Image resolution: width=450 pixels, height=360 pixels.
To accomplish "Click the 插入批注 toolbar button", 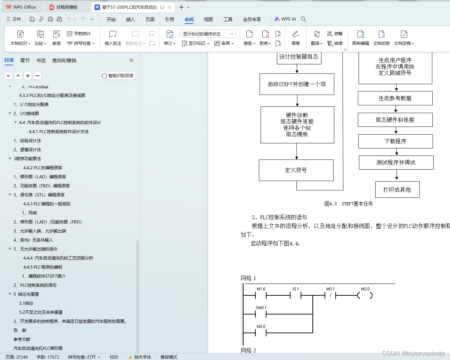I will tap(113, 38).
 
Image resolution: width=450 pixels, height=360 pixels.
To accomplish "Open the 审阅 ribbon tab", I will tap(189, 19).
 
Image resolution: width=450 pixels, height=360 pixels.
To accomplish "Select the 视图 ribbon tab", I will tap(208, 19).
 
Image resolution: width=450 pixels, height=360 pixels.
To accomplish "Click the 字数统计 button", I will tap(79, 34).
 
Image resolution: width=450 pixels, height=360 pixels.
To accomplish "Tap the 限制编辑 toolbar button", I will tap(360, 38).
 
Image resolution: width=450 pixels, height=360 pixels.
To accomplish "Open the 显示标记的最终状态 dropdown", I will tap(208, 34).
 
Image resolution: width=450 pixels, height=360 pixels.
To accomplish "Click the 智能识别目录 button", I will tap(117, 76).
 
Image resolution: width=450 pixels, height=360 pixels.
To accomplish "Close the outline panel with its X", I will tap(131, 60).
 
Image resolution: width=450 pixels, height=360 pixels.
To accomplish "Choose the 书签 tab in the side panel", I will tap(41, 60).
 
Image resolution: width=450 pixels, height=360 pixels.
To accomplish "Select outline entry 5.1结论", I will tap(26, 303).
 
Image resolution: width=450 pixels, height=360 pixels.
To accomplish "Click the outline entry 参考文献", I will tap(22, 339).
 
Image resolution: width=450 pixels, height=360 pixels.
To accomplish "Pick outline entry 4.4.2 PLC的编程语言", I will tap(43, 168).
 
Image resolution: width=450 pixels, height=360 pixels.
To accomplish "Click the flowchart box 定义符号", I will tap(296, 170).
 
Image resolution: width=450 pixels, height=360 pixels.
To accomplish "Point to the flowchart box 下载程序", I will tap(395, 141).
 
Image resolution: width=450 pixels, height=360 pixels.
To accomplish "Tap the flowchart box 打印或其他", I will tap(397, 190).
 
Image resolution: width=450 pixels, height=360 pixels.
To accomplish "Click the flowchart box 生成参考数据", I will tap(395, 98).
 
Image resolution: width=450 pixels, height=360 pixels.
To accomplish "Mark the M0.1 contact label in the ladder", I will tap(330, 289).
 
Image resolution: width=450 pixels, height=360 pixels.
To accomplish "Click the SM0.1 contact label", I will tap(261, 308).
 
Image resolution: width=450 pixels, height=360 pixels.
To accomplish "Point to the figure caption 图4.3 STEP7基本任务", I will tap(349, 204).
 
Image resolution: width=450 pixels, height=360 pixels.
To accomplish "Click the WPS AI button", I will tap(285, 19).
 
